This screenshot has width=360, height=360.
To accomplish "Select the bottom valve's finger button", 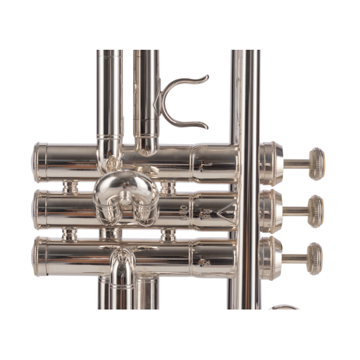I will pos(315,254).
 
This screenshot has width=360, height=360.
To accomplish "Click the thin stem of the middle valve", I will pos(296,207).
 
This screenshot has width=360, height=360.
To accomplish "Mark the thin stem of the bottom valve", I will pos(296,255).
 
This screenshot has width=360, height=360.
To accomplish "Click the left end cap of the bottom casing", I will pos(38,253).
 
